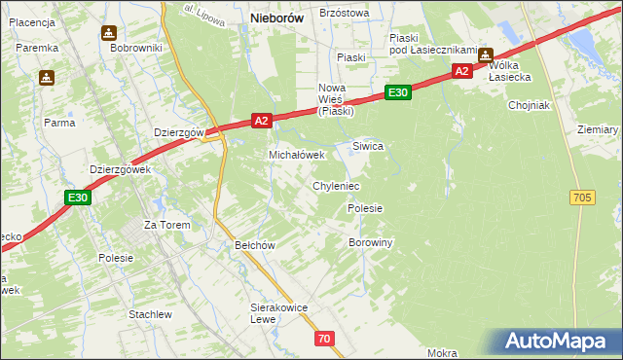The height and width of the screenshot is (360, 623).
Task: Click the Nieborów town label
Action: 277,18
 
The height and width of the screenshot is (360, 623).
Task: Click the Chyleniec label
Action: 336,186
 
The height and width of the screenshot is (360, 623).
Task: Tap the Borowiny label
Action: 370,242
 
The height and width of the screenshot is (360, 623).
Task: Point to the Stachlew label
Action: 150,314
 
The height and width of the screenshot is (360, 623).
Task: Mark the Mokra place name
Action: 441,353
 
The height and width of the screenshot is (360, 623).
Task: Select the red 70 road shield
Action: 325,339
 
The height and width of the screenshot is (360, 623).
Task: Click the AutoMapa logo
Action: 558,342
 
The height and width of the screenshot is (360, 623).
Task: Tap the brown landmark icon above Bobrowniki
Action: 107,32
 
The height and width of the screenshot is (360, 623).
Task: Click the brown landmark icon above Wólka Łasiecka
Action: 484,55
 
